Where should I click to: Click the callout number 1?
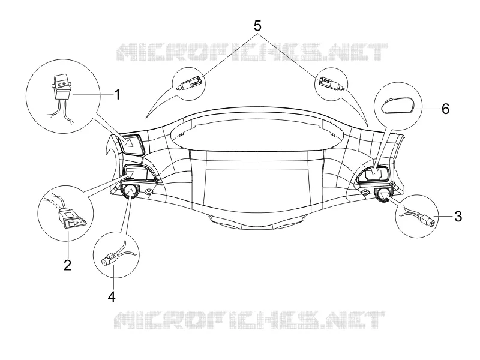[x=117, y=94]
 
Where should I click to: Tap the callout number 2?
[x=68, y=265]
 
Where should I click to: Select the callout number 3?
[x=458, y=217]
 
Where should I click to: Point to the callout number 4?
[x=112, y=296]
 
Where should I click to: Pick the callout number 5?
[x=257, y=26]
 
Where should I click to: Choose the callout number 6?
[x=445, y=109]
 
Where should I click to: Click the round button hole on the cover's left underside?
[x=130, y=191]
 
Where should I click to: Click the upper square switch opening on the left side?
[x=130, y=144]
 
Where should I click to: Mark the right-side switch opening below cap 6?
[x=373, y=175]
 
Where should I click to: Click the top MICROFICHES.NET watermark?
[x=252, y=52]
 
